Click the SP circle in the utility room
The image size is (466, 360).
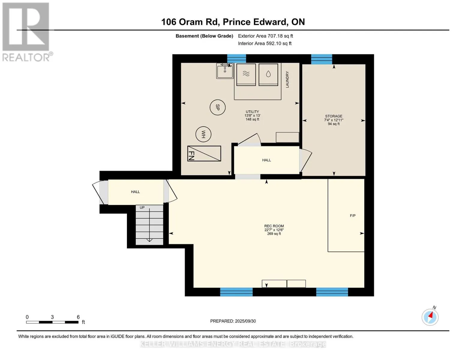pos(218,107)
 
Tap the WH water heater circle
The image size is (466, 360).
pos(203,134)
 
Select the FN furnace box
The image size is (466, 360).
pos(204,153)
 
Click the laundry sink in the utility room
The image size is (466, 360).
pos(225,71)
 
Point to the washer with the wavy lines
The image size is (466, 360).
pos(246,75)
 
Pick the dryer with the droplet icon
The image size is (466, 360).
pos(268,75)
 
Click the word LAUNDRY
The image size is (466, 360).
pos(287,79)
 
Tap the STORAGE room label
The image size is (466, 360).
pos(333,116)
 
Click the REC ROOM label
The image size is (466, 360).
pos(274,226)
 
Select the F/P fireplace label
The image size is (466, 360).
pos(353,215)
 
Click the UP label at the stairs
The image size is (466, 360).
pos(142,207)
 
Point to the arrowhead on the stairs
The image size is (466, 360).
pos(149,240)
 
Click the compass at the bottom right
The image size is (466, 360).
pos(430,317)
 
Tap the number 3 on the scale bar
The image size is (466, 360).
pos(52,317)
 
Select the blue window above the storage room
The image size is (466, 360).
pos(321,59)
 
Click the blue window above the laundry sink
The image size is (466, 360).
pos(236,58)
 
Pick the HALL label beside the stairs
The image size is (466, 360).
pos(135,192)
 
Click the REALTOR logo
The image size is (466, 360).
pos(26,32)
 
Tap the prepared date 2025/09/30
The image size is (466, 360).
pos(245,321)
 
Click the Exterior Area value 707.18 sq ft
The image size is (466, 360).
pos(280,36)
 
